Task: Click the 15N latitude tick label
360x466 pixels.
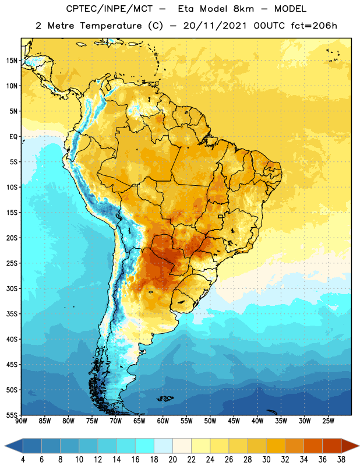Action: pos(12,61)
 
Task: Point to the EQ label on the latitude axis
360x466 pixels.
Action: pos(13,137)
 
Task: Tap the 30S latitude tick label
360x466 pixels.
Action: pos(12,288)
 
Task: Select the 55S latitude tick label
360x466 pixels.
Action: pos(12,415)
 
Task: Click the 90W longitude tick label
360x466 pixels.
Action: pos(22,421)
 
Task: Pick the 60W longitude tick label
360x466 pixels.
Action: pos(163,421)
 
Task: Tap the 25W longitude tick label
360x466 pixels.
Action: pos(328,421)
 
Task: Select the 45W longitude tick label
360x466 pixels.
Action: pos(234,421)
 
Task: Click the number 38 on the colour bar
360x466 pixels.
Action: pos(341,460)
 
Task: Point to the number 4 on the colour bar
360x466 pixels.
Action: pos(23,460)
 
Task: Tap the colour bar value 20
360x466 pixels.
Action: pos(172,460)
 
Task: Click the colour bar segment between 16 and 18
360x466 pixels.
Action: pos(145,446)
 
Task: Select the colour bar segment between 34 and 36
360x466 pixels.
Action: pos(313,446)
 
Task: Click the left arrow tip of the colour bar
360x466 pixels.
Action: pos(5,446)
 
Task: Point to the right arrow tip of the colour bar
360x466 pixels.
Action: pos(359,446)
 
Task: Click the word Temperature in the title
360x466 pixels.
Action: pos(111,26)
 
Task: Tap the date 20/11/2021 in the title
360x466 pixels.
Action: pos(215,26)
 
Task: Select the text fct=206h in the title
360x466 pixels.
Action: pos(314,26)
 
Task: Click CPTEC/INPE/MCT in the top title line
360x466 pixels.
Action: pos(110,9)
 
